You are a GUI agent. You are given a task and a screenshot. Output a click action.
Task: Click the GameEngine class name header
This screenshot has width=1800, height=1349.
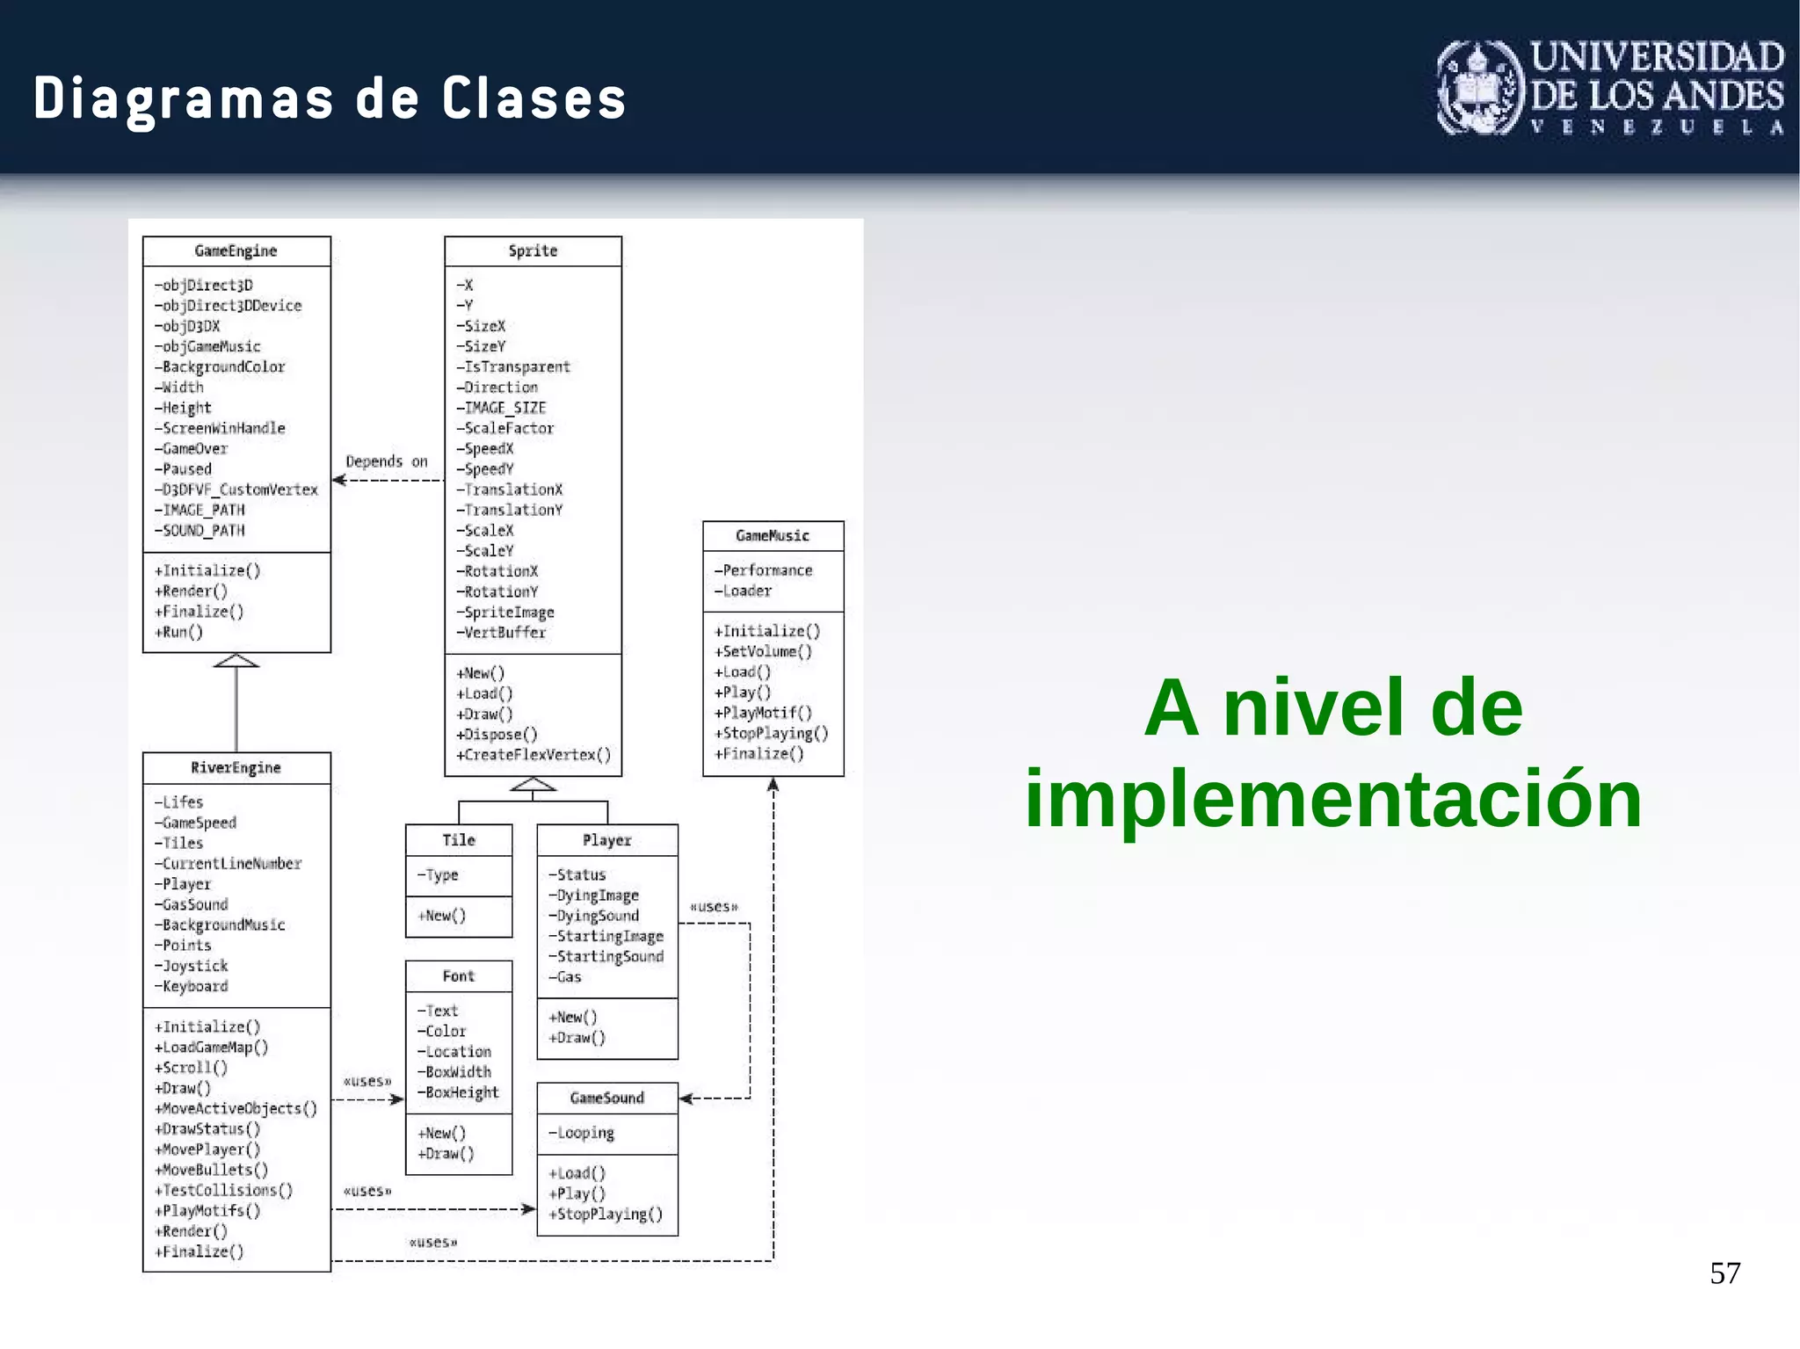click(x=236, y=251)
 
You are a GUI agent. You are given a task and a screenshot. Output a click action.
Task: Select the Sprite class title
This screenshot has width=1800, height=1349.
click(x=533, y=251)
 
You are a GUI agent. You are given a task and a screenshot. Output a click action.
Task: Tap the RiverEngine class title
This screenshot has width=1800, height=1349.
click(x=236, y=768)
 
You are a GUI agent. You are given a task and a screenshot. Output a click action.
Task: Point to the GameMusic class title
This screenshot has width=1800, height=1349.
click(x=773, y=536)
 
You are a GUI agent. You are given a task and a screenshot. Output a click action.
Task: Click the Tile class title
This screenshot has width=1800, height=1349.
click(x=459, y=840)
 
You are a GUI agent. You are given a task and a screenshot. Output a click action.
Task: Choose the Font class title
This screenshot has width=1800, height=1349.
click(x=459, y=976)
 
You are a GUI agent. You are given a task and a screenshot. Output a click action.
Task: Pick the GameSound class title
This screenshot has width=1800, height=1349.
click(x=607, y=1099)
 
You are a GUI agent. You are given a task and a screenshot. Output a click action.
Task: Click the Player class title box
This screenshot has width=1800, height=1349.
click(x=607, y=840)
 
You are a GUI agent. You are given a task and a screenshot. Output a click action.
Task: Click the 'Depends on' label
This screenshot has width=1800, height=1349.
click(x=387, y=461)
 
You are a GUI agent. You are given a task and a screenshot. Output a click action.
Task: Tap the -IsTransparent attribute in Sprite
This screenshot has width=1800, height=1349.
click(x=514, y=367)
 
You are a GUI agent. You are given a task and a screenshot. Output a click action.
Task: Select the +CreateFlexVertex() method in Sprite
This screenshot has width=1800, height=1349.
click(x=533, y=755)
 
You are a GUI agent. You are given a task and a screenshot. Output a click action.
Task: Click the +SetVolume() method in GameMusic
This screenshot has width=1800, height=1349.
click(x=763, y=651)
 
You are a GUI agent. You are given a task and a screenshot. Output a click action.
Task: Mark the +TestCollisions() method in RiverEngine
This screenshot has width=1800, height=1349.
click(x=223, y=1190)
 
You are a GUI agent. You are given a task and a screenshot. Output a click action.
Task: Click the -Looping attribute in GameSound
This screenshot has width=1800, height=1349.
click(x=581, y=1133)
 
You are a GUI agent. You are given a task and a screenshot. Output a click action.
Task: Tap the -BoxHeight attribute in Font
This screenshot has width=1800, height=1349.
click(x=458, y=1092)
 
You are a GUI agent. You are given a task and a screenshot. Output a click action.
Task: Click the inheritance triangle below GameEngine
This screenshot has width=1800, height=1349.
click(x=236, y=661)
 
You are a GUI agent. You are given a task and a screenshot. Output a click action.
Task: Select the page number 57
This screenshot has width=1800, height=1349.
click(x=1724, y=1273)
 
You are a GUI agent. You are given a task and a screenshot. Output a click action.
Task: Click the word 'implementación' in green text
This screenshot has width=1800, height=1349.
click(x=1332, y=799)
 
